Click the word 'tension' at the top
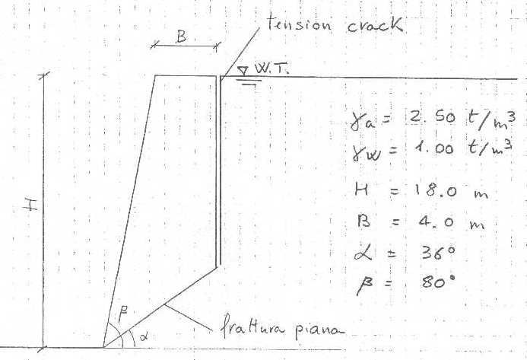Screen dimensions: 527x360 pyautogui.click(x=299, y=24)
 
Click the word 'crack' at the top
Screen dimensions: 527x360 pyautogui.click(x=374, y=25)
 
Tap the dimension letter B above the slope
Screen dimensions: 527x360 pyautogui.click(x=181, y=36)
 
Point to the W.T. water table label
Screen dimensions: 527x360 pyautogui.click(x=271, y=68)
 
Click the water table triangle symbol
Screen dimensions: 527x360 pyautogui.click(x=243, y=70)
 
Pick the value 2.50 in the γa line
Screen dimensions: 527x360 pyautogui.click(x=432, y=116)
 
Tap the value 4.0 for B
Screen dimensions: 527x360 pyautogui.click(x=437, y=222)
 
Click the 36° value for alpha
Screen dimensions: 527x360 pyautogui.click(x=438, y=253)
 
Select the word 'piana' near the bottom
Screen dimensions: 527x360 pyautogui.click(x=320, y=330)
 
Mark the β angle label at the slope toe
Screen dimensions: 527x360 pyautogui.click(x=123, y=316)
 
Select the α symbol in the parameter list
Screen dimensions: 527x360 pyautogui.click(x=363, y=253)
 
